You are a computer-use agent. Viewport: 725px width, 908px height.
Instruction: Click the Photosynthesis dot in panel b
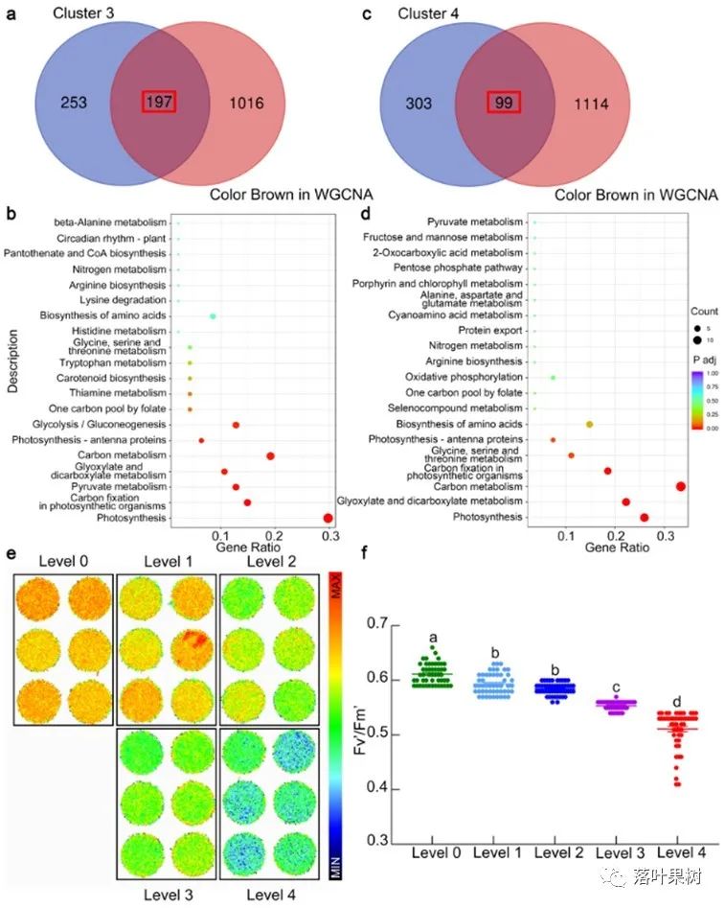pos(328,518)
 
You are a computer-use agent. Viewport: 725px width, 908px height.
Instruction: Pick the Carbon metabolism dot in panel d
pos(680,486)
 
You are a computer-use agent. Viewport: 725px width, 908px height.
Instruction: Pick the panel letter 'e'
pos(11,554)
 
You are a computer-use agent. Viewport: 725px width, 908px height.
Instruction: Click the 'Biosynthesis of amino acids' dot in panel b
pos(213,316)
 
